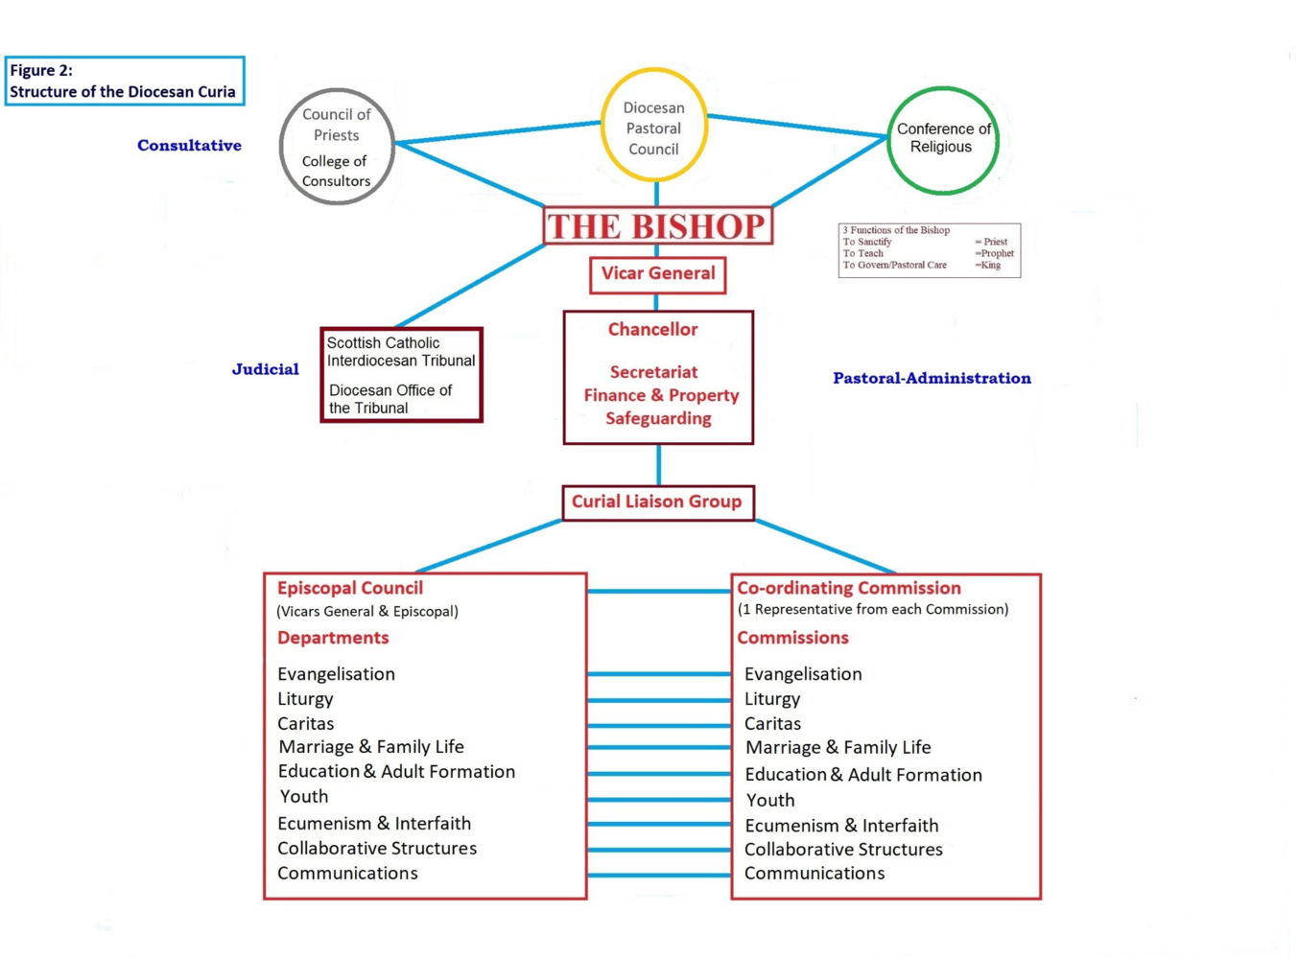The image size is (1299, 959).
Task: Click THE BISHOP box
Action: pos(658,226)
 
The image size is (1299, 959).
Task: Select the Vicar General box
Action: pos(658,274)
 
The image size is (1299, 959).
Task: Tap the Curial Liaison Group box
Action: pos(657,502)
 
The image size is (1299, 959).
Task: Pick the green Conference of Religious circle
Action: pos(943,139)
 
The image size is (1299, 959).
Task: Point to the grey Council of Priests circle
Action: pos(337,146)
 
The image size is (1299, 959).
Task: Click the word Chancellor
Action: pos(652,330)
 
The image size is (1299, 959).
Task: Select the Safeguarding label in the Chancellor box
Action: pos(658,418)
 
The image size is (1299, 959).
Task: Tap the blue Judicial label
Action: pos(265,369)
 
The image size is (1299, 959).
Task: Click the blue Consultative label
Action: pos(189,146)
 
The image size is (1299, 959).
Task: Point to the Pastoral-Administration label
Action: pos(932,378)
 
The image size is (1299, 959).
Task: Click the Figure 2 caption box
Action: pos(125,81)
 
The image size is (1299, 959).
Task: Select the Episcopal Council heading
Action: pos(350,588)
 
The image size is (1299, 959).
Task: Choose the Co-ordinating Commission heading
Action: pos(849,588)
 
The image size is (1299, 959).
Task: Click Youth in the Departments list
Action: pos(304,796)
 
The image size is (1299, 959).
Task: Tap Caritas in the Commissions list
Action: pos(772,724)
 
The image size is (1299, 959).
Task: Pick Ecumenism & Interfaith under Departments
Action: pos(374,823)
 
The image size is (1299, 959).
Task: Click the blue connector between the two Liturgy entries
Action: pos(659,700)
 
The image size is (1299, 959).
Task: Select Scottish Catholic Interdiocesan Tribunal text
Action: pos(400,352)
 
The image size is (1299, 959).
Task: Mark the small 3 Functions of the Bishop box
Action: pos(929,250)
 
